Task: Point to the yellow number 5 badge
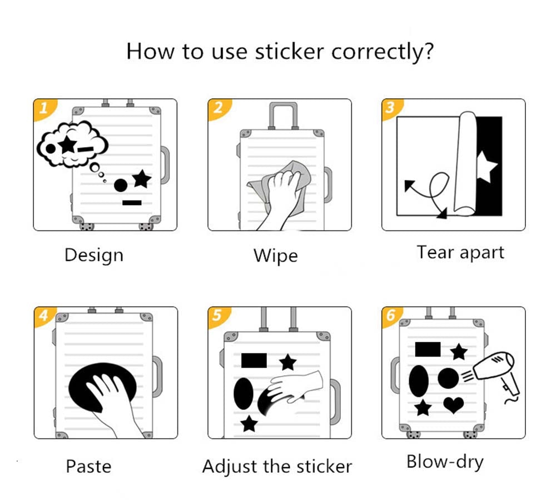click(x=217, y=316)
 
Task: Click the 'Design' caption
click(x=94, y=255)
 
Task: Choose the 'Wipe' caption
click(x=276, y=256)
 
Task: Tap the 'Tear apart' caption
click(x=460, y=253)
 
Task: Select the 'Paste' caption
click(x=88, y=466)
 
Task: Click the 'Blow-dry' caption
click(x=445, y=462)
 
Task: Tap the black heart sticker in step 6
click(x=454, y=405)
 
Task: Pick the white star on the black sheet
click(x=487, y=167)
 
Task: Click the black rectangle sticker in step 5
click(x=254, y=361)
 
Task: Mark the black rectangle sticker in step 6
click(x=428, y=349)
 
